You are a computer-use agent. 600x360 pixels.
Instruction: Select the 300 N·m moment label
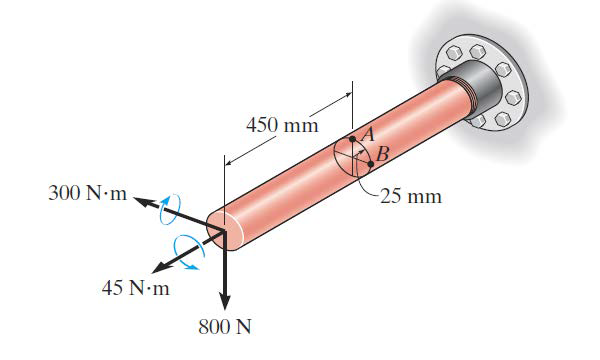(x=88, y=192)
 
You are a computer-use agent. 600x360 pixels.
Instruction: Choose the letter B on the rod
(x=381, y=153)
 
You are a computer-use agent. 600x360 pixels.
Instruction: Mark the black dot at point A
(x=352, y=139)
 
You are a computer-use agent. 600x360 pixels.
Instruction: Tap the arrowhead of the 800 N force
(x=226, y=300)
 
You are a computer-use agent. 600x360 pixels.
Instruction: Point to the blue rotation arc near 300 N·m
(x=171, y=207)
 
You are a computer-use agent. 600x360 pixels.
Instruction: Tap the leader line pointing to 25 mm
(x=366, y=184)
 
